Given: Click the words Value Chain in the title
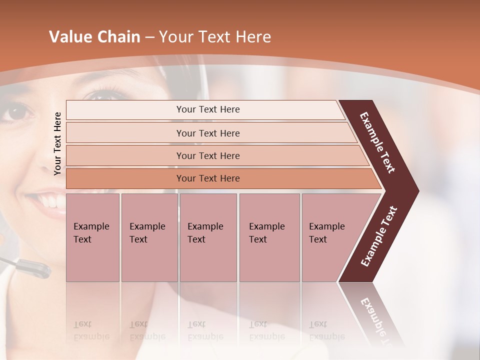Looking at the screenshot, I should click(x=94, y=37).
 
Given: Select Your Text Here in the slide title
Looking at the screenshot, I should click(x=215, y=37).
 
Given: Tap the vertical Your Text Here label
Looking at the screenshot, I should click(x=58, y=143).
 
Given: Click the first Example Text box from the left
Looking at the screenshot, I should click(x=92, y=237).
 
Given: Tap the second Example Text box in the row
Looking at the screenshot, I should click(x=149, y=237).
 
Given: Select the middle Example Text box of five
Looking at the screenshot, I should click(x=208, y=237).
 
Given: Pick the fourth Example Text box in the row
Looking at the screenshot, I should click(x=269, y=237).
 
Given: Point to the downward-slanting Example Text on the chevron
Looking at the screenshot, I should click(x=377, y=142).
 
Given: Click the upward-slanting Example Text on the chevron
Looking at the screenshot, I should click(x=378, y=236).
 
